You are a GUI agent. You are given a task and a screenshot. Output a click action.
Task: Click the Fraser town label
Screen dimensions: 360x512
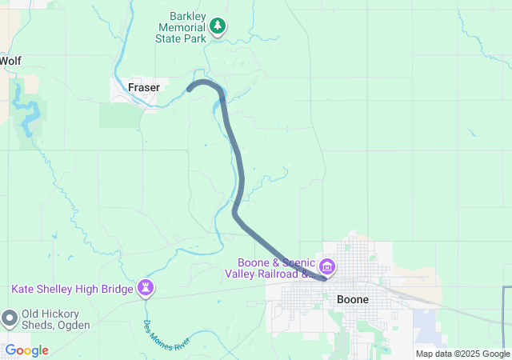pos(144,87)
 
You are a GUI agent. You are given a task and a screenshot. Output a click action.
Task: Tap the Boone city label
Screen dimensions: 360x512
pos(353,299)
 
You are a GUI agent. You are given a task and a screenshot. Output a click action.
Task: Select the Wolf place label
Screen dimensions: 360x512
pos(10,61)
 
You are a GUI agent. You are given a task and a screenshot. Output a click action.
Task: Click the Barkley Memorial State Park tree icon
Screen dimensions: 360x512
pos(218,26)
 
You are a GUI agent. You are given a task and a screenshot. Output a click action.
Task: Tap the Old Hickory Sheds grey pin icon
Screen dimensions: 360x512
pos(10,318)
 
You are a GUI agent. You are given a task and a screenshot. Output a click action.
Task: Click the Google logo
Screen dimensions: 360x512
pos(26,350)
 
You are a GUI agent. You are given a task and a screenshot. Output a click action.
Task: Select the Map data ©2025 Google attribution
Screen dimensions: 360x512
pos(462,354)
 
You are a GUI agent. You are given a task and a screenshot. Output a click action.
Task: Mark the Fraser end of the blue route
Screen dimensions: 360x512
pos(190,89)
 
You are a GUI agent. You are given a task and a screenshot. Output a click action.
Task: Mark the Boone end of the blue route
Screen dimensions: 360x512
pos(324,278)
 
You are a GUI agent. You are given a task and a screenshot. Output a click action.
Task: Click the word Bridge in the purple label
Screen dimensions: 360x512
pos(115,288)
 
